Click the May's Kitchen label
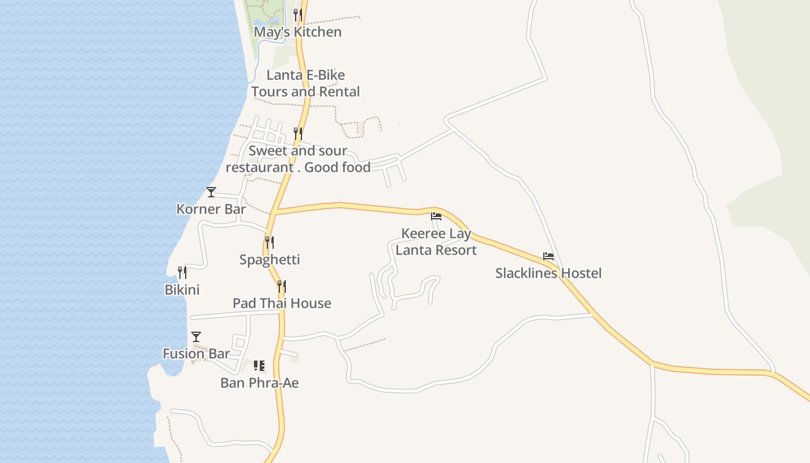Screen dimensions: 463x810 (x=297, y=32)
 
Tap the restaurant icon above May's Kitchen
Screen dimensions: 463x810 (x=297, y=14)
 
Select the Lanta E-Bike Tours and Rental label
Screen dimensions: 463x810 (x=305, y=83)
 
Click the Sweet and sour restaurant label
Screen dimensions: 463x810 (x=298, y=159)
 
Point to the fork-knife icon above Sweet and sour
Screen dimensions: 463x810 (x=297, y=134)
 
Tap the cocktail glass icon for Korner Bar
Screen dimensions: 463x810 (x=211, y=192)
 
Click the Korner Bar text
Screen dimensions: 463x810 (x=211, y=209)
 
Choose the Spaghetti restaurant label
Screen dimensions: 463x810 (x=270, y=259)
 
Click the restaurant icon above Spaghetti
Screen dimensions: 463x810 (x=270, y=242)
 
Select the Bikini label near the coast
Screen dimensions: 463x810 (x=182, y=289)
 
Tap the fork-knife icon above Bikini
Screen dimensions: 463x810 (x=182, y=272)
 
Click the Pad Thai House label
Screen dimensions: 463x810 (x=282, y=303)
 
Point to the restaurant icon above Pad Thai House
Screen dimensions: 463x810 (x=282, y=286)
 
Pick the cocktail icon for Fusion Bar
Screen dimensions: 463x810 (x=196, y=336)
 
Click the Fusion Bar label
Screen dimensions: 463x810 (x=196, y=354)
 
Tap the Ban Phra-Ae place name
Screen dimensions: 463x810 (x=259, y=383)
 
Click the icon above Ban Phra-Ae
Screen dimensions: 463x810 (x=259, y=365)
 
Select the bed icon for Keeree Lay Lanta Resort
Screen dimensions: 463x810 (x=436, y=216)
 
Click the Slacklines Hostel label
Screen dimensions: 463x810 (x=548, y=273)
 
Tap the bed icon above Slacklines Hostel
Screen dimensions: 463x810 (x=548, y=256)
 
